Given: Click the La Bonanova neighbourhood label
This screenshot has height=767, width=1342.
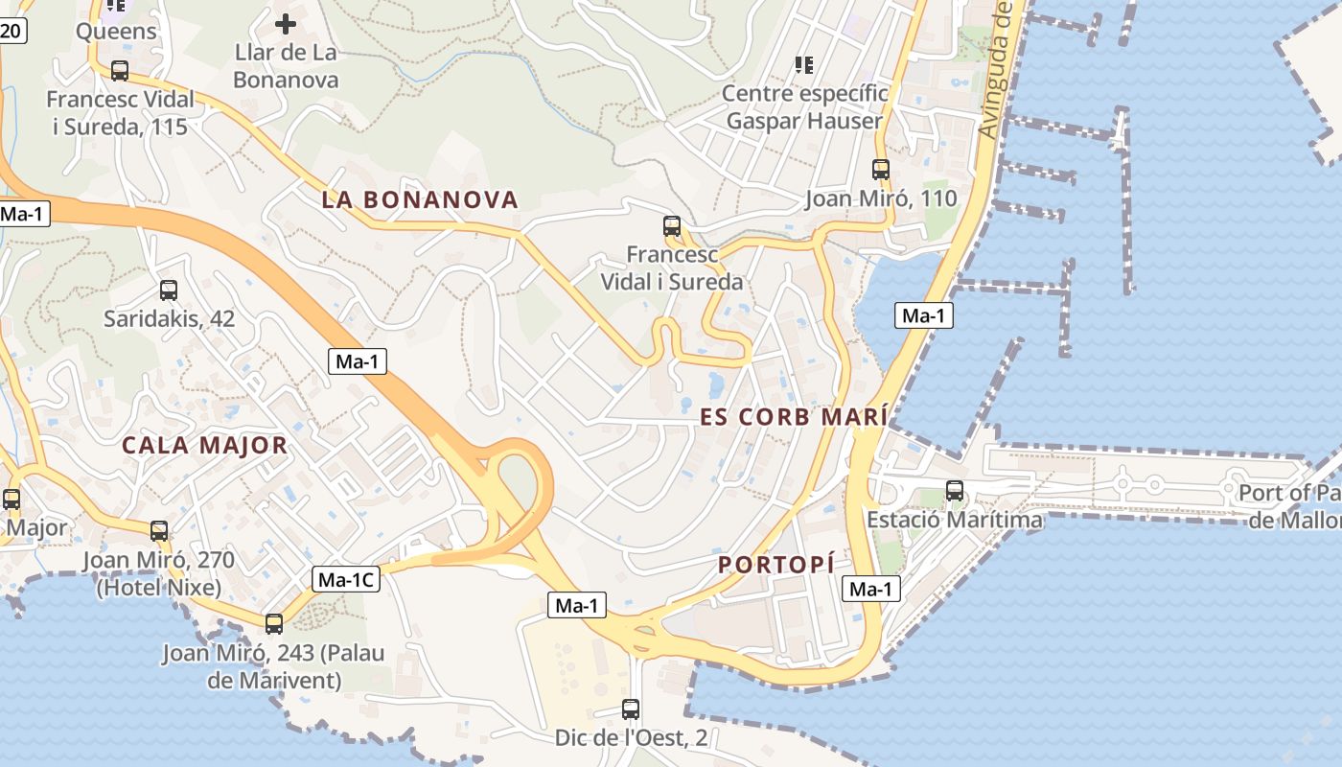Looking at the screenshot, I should point(420,200).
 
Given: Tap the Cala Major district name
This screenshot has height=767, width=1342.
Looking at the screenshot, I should point(205,445).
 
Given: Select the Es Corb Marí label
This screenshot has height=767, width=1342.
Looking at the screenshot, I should point(794,417).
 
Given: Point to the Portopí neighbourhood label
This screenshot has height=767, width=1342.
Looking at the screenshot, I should point(776,565).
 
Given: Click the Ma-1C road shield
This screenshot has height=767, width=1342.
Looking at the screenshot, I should point(347,579).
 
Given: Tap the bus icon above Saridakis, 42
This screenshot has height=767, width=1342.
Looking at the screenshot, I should point(169,290).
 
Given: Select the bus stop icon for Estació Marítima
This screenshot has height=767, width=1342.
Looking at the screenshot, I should point(955,491).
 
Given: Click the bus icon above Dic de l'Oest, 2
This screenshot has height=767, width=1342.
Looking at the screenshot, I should point(631,709).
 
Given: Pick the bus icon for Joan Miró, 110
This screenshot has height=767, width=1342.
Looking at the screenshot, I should point(881,170).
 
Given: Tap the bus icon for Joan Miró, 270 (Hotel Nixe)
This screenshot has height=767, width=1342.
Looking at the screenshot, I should point(159,530).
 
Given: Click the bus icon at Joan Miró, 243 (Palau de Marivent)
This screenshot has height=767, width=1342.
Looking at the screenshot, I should point(274,624).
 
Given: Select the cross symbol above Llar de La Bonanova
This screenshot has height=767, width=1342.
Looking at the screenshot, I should point(286,24).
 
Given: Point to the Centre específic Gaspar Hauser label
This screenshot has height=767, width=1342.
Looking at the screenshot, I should point(804,107).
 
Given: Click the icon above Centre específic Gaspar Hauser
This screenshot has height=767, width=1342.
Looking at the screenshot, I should point(804,65).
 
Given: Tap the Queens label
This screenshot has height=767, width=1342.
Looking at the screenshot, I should point(116,31).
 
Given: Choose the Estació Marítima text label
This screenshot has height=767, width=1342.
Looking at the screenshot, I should point(955,520).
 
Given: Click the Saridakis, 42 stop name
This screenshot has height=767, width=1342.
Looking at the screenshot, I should point(170,318).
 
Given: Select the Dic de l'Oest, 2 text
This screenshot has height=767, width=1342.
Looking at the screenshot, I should point(631,738).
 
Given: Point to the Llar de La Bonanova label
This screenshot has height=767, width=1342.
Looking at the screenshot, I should point(286,66).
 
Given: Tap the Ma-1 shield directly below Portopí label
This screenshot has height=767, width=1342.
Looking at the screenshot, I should point(871,589).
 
